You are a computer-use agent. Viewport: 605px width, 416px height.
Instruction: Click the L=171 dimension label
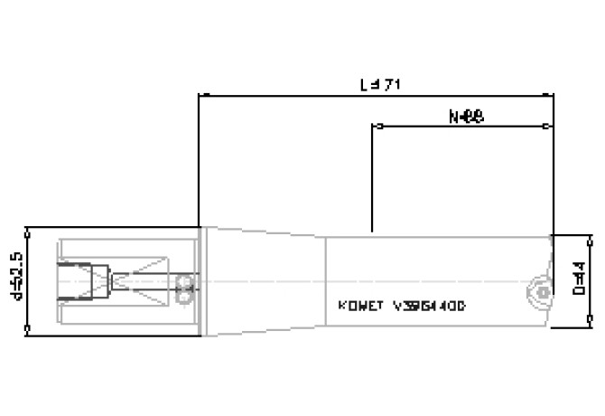pyautogui.click(x=380, y=84)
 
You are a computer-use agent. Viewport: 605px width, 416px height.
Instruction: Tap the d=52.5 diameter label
pyautogui.click(x=17, y=281)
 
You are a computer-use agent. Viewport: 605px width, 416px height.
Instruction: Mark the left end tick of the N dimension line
pyautogui.click(x=373, y=127)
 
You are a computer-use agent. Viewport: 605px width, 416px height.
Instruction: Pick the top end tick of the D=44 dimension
pyautogui.click(x=591, y=240)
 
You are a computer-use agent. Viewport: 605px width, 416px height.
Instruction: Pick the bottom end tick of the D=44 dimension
pyautogui.click(x=591, y=321)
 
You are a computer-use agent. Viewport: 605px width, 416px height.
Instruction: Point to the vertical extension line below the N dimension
pyautogui.click(x=373, y=181)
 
